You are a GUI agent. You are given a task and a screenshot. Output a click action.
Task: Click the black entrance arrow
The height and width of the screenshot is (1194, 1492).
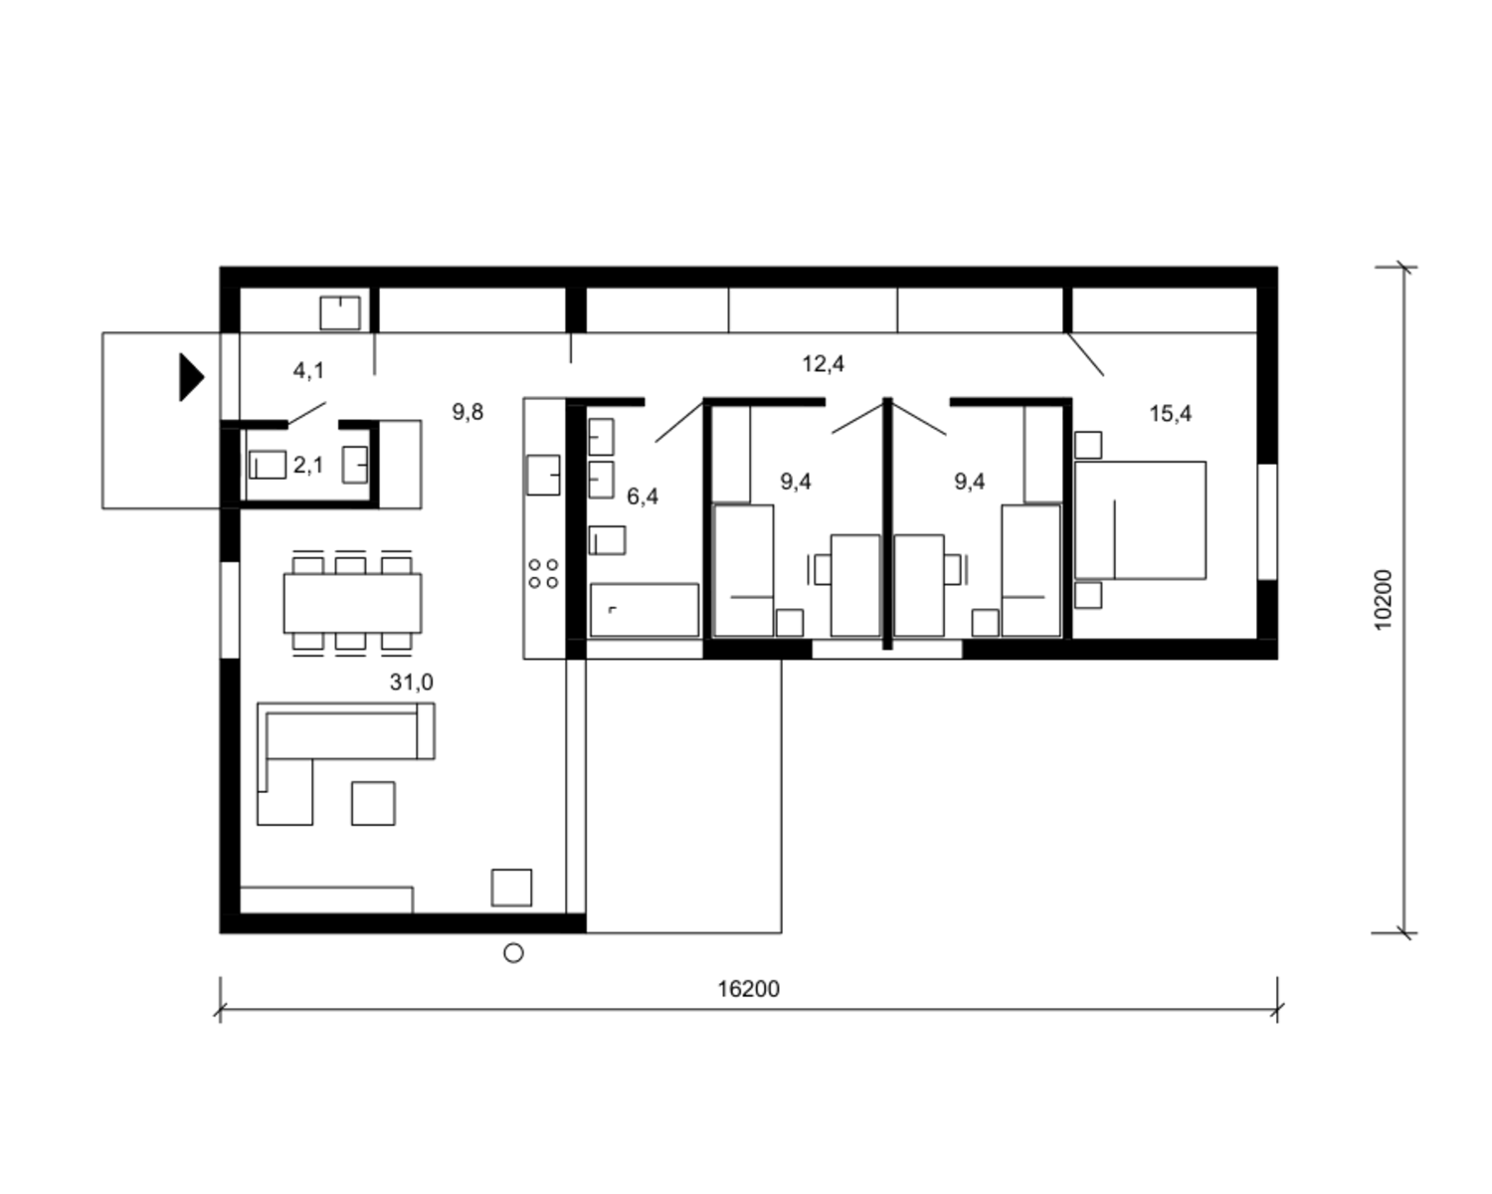191,377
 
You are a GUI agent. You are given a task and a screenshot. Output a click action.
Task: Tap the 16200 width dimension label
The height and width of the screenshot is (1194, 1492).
748,989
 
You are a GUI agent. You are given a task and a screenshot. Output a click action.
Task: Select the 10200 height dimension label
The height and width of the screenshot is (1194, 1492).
1383,599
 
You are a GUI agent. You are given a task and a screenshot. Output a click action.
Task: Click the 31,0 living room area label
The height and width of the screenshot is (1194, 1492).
411,683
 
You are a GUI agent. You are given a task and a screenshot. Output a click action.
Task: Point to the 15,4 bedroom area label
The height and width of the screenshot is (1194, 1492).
1171,414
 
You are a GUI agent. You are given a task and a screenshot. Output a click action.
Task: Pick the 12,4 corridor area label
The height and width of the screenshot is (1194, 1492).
823,364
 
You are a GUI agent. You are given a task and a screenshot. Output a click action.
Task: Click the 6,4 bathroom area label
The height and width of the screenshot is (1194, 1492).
642,497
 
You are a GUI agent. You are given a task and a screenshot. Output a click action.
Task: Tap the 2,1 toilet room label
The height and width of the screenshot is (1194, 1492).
307,465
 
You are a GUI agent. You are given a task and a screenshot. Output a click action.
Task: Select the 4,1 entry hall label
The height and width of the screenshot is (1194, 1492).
307,371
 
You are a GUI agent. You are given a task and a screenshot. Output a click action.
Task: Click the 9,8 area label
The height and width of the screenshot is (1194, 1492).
467,412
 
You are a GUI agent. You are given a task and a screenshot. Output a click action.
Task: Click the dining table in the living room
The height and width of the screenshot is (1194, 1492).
352,603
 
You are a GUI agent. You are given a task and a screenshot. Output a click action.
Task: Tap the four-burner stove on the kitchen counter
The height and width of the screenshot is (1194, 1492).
543,574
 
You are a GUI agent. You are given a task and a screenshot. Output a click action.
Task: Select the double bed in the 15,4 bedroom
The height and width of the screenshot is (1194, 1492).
1140,519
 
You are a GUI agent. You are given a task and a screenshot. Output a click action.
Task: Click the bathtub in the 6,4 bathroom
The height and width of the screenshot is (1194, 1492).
645,610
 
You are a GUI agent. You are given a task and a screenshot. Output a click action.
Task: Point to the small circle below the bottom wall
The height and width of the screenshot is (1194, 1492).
513,953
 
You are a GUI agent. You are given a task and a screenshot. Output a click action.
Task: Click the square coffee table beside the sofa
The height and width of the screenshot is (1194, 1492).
373,803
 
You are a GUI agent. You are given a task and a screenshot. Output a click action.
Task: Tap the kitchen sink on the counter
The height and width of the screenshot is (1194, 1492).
543,476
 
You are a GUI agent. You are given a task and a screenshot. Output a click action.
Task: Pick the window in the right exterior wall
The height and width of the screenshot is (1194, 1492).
1266,521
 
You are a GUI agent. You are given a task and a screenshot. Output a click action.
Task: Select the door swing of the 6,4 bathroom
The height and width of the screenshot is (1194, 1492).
679,421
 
